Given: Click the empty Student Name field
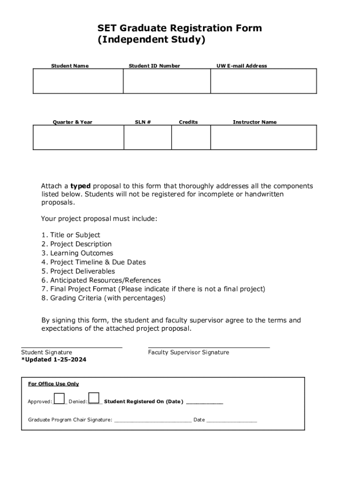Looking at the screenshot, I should click(78, 81).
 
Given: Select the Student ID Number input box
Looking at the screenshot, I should click(166, 81).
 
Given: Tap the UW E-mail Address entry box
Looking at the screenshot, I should click(263, 81).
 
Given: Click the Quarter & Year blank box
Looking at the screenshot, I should click(78, 138).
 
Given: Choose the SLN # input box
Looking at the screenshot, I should click(147, 138).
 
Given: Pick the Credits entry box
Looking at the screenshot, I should click(191, 138).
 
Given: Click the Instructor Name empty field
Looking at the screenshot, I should click(263, 138).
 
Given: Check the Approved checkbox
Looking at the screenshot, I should click(59, 398).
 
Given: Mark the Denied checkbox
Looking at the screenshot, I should click(94, 398).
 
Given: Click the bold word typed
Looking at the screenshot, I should click(80, 186).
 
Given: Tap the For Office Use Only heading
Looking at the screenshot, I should click(53, 384).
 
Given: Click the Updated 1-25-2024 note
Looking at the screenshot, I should click(54, 360).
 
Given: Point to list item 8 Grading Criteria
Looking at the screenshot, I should click(103, 298).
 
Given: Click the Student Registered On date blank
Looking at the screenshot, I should click(204, 402).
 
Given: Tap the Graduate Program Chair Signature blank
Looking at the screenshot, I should click(152, 420).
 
